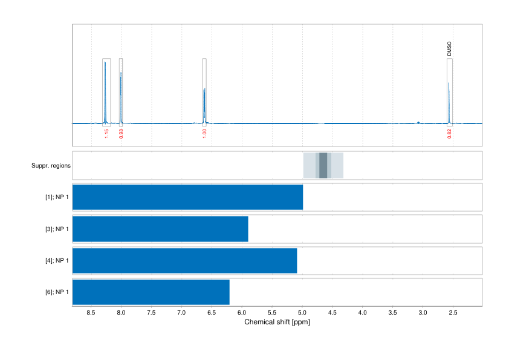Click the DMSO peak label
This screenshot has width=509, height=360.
(449, 49)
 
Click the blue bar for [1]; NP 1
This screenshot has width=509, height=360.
(187, 197)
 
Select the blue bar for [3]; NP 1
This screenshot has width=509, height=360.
(160, 229)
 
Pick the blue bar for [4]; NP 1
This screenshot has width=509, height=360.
(184, 260)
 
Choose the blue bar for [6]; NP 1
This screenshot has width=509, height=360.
(151, 292)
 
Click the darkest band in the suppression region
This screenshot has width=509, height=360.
(323, 166)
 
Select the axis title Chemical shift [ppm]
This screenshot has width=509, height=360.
(277, 322)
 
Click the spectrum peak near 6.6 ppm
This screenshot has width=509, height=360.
(204, 91)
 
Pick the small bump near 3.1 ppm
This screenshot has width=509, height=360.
(418, 122)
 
